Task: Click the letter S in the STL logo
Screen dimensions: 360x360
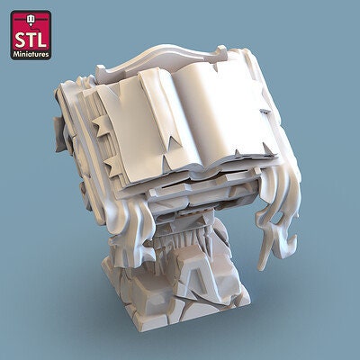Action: click(21, 41)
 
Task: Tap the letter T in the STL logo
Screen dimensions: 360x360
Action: click(31, 41)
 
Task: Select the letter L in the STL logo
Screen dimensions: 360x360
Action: click(41, 41)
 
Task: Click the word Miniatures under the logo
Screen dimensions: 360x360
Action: click(31, 54)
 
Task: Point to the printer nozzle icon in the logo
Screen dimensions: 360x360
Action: click(30, 20)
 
